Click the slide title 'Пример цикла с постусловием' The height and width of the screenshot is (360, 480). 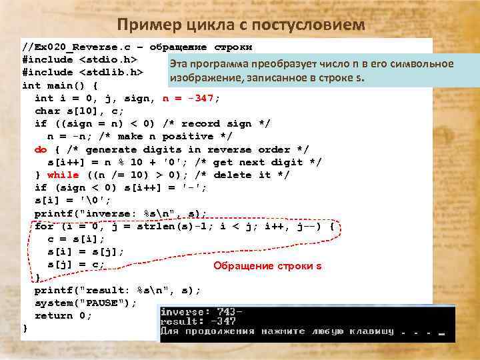point(241,25)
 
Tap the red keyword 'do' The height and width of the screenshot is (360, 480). point(41,149)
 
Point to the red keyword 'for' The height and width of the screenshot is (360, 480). point(44,226)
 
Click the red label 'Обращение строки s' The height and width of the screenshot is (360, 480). point(267,266)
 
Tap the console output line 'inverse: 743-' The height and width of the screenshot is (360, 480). point(201,311)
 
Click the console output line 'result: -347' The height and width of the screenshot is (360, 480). point(197,321)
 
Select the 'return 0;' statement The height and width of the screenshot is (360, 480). point(63,315)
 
